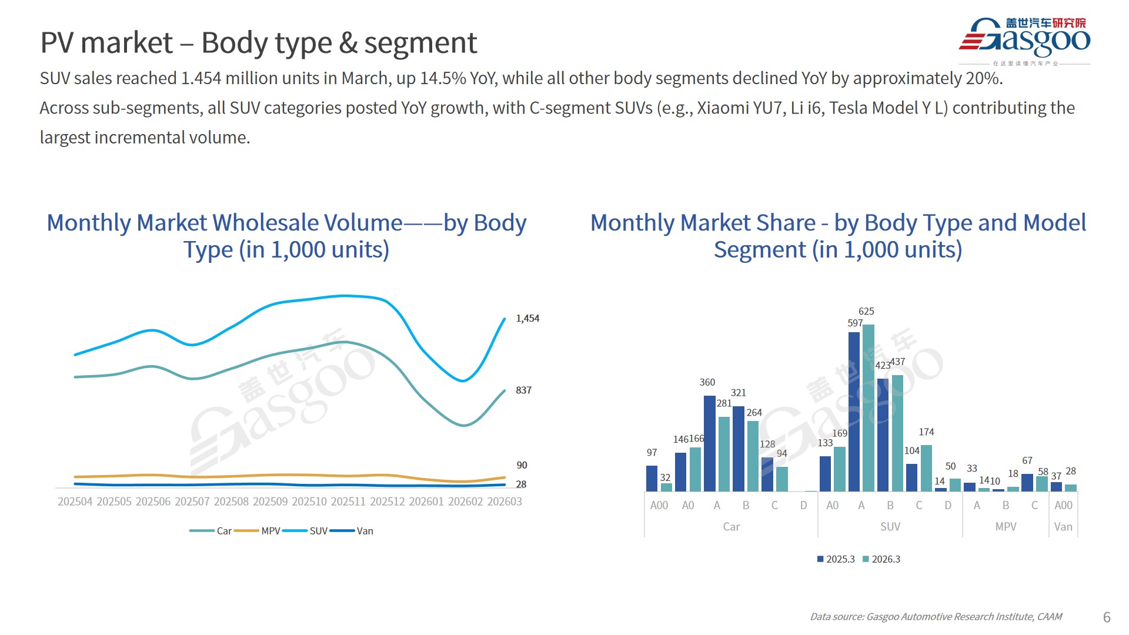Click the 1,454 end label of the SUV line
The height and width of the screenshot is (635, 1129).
pos(527,318)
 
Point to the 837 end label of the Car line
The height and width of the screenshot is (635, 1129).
pos(523,390)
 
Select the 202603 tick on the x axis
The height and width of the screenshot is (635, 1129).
pos(505,502)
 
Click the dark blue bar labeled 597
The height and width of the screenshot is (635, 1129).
pos(854,412)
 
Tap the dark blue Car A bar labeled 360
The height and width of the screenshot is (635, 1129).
pos(710,443)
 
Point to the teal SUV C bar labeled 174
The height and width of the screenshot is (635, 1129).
pos(926,468)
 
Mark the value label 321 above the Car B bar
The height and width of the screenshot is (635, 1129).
pos(739,393)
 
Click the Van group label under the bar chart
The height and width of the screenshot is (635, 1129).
pos(1063,527)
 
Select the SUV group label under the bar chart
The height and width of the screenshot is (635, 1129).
pos(890,527)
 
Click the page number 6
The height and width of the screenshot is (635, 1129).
pos(1107,617)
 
